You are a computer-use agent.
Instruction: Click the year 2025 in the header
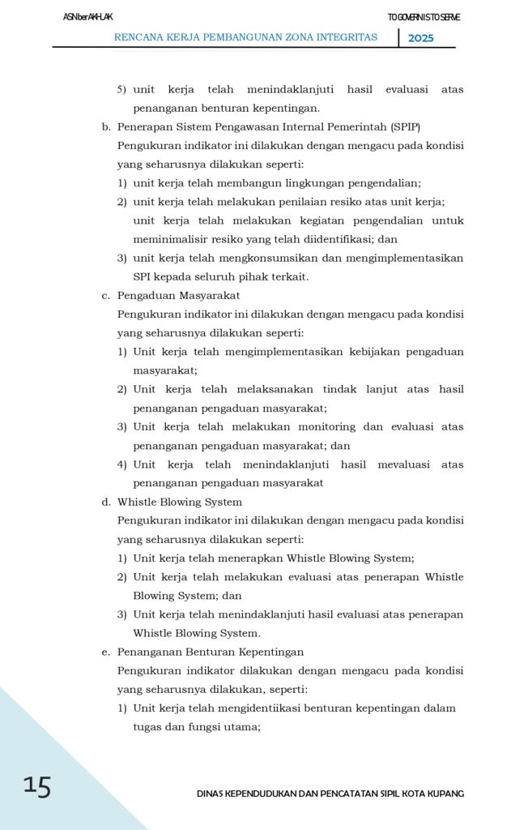[x=420, y=38]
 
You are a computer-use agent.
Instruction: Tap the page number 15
[x=37, y=786]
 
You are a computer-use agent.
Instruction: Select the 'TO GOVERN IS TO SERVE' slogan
[x=424, y=17]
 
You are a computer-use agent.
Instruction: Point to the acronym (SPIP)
[x=404, y=127]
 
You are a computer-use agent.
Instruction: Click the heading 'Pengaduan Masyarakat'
[x=178, y=296]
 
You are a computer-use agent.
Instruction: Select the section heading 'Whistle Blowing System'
[x=179, y=503]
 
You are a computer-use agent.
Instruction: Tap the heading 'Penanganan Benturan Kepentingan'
[x=211, y=652]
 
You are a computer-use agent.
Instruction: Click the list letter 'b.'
[x=106, y=127]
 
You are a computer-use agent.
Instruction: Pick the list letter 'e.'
[x=106, y=652]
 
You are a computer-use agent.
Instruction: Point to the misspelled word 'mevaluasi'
[x=398, y=464]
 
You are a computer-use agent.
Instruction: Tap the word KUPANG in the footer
[x=445, y=794]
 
